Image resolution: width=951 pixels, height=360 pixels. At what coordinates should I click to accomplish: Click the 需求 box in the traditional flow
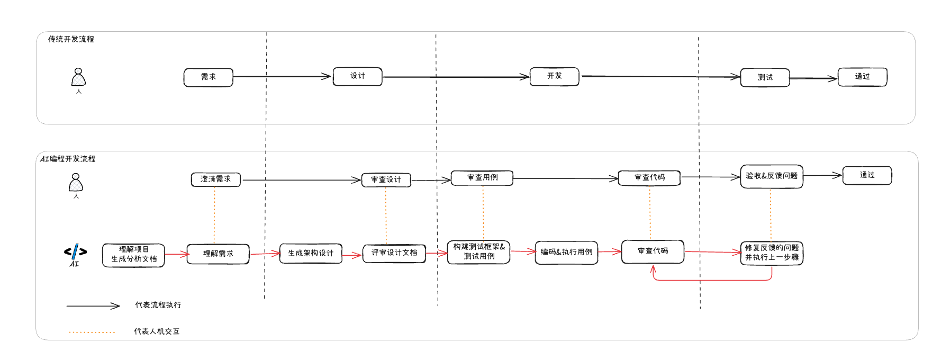(208, 77)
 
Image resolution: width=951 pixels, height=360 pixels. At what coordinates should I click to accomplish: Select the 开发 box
(554, 76)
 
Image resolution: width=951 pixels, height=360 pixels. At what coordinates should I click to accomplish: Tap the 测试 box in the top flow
(765, 77)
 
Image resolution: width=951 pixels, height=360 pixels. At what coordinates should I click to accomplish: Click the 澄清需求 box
(215, 179)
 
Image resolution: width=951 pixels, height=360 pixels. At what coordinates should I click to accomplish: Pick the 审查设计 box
(386, 180)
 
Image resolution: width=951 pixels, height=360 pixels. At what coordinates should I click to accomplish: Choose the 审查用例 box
(482, 178)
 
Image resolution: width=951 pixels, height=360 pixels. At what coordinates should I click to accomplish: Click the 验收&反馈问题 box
(771, 176)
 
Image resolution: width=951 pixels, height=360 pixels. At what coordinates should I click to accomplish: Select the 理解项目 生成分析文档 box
(133, 255)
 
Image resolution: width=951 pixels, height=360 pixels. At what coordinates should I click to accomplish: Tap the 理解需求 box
(218, 254)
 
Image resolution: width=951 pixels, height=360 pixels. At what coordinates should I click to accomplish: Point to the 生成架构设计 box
(311, 253)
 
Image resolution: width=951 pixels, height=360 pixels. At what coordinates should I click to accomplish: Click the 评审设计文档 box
(394, 253)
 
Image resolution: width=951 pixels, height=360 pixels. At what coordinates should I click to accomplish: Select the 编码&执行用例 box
(566, 253)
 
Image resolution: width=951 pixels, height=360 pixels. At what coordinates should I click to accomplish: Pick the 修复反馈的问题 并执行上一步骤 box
(771, 253)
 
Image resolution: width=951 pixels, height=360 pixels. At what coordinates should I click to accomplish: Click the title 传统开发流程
(71, 39)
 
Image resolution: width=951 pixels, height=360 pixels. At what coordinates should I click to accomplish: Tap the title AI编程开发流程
(68, 159)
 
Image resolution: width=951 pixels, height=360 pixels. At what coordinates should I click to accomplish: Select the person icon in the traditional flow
(78, 78)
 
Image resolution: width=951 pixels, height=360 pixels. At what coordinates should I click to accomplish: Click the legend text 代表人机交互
(157, 331)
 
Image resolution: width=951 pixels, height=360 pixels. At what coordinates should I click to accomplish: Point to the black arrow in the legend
(93, 305)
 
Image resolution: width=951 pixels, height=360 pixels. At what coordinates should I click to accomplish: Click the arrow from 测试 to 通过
(813, 78)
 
